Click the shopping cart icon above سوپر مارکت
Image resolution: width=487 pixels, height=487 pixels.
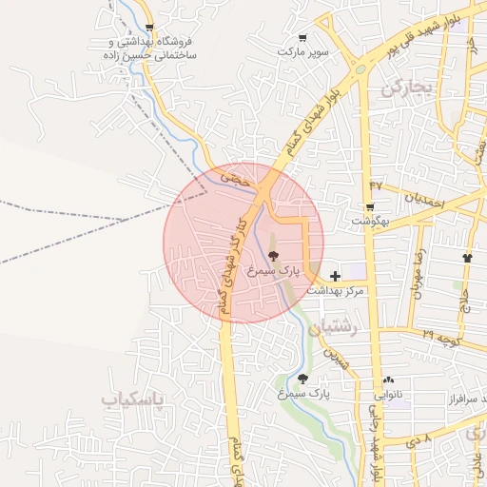click(302, 38)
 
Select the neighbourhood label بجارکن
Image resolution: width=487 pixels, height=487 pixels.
click(407, 88)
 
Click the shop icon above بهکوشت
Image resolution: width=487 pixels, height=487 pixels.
click(369, 206)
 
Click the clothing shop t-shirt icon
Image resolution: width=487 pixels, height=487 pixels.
click(467, 258)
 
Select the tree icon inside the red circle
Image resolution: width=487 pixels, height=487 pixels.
click(274, 255)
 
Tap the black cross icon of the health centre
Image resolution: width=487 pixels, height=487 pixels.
click(335, 275)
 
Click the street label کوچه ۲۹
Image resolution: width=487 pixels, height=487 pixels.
click(441, 338)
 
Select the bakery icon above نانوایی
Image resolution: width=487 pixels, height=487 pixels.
click(388, 379)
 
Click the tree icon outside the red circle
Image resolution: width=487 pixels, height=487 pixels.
click(302, 379)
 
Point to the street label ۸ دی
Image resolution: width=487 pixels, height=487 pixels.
click(419, 439)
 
